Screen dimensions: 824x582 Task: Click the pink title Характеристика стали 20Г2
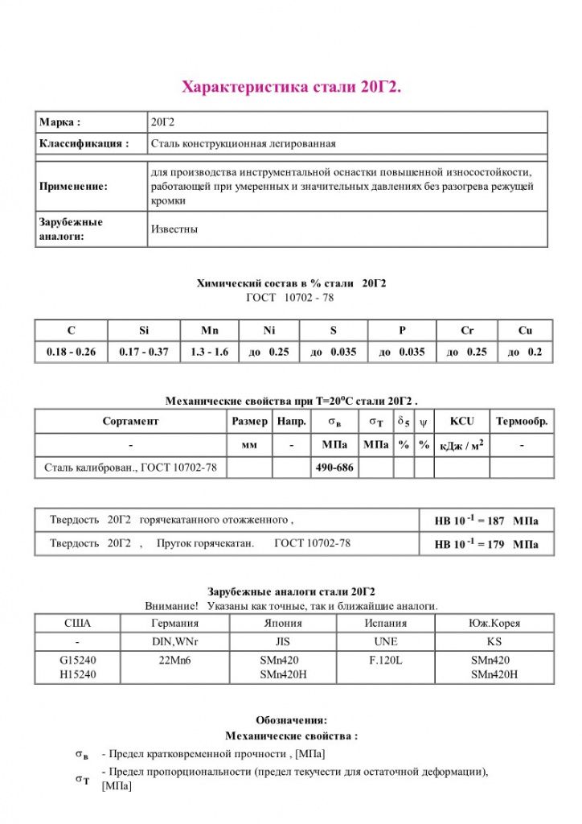point(291,86)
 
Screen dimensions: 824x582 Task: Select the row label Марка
point(60,122)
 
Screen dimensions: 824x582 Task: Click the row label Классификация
point(84,144)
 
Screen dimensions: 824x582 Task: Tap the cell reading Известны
point(174,229)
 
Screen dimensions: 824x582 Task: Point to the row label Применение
point(73,187)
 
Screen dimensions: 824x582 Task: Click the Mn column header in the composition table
point(211,330)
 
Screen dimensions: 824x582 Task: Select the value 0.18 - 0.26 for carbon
point(71,352)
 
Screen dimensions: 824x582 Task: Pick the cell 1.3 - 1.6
point(210,352)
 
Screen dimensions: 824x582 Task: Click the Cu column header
point(525,330)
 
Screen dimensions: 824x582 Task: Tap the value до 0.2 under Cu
point(525,352)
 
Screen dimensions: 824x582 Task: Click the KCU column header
point(461,421)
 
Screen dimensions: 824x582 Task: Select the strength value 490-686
point(334,468)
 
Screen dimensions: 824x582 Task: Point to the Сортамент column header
point(130,421)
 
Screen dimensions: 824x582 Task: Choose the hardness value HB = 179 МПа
point(486,545)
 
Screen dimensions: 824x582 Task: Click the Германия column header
point(174,623)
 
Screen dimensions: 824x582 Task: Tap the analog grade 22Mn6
point(174,660)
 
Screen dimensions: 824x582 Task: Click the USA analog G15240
point(77,660)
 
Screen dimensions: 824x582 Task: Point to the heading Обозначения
point(291,720)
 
